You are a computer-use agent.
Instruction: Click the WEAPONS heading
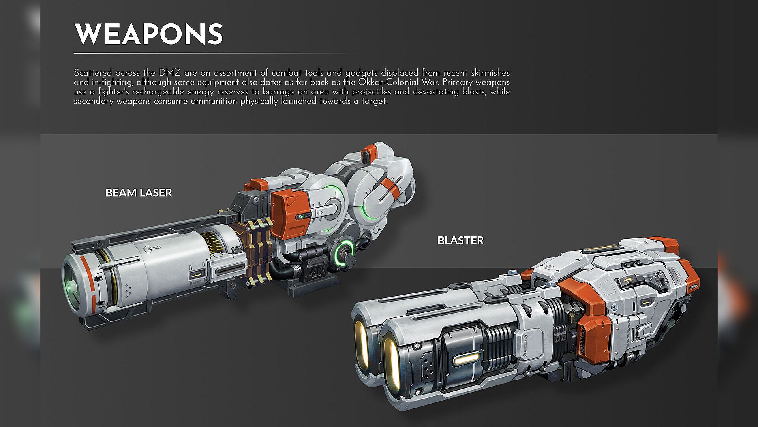[149, 34]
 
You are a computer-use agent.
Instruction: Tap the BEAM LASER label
[139, 193]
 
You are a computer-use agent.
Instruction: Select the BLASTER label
[460, 240]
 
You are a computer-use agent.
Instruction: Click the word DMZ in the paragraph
[169, 73]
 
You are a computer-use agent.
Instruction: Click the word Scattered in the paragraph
[93, 73]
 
